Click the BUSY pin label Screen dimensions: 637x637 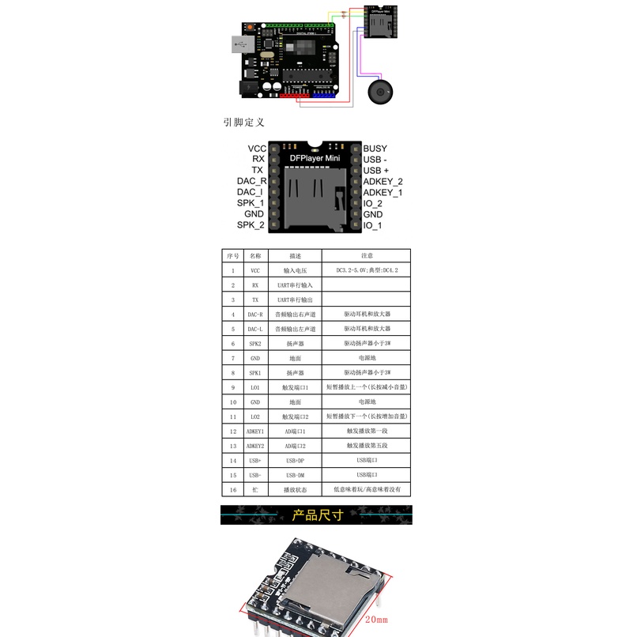375,149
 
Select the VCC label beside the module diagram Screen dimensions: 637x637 257,149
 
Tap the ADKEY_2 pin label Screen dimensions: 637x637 383,182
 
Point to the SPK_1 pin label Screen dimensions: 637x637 251,203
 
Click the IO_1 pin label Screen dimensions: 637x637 372,225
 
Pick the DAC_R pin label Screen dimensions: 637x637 251,182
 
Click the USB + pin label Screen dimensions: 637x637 375,171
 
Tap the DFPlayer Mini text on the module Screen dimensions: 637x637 315,159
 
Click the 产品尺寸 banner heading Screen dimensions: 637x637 316,516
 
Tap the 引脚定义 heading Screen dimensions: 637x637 243,122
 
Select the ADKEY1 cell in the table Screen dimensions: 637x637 254,432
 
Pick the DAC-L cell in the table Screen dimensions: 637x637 254,329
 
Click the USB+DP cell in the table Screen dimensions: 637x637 294,461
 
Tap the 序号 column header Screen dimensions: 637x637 232,256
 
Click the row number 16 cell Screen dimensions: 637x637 232,490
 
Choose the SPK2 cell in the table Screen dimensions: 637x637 254,344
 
